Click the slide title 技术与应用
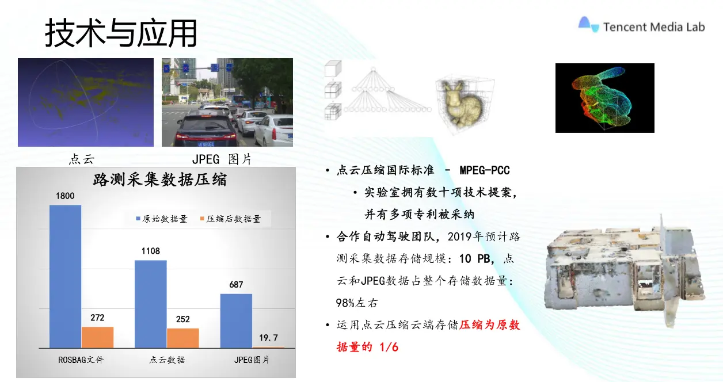121,33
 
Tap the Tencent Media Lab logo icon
589,25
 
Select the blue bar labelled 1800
65,277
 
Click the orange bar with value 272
97,338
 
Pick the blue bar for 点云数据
151,304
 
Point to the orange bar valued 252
183,338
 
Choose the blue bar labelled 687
236,321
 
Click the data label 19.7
269,338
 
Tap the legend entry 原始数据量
162,219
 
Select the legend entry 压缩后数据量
230,219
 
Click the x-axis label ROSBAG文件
81,360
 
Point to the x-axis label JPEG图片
252,360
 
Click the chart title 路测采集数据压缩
160,179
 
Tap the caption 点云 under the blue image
82,159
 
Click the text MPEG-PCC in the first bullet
485,170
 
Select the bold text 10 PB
474,259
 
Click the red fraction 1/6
389,347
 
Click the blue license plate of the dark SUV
206,144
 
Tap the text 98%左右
357,303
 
